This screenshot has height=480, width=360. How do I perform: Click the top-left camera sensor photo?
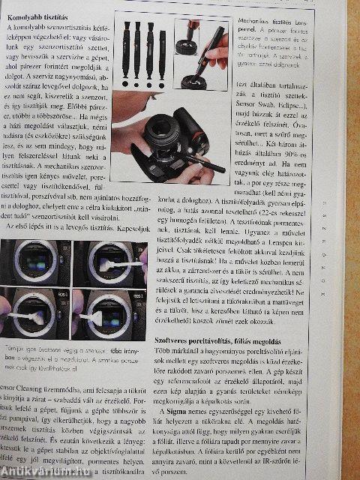34,263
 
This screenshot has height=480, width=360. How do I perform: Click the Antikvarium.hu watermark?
40,469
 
